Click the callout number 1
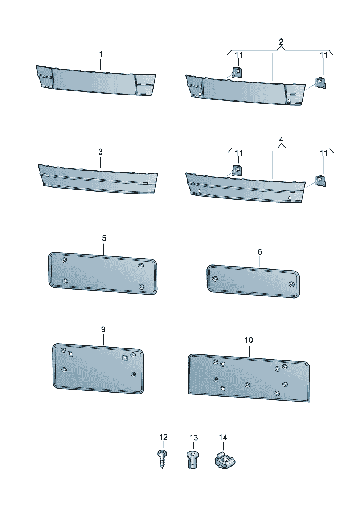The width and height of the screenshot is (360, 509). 101,54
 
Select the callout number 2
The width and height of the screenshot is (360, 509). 281,42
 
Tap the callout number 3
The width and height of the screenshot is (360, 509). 101,152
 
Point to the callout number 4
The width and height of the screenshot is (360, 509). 281,140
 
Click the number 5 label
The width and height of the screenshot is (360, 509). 104,238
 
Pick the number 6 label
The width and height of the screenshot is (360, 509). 260,251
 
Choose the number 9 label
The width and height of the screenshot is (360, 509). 103,329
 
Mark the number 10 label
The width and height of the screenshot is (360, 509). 249,340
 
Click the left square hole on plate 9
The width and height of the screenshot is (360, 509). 70,354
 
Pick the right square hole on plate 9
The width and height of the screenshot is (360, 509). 124,357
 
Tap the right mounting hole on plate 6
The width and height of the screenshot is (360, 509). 291,284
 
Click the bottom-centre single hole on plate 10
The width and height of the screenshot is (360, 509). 247,385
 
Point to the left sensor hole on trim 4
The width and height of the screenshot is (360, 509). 199,191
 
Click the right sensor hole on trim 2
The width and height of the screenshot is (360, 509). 289,100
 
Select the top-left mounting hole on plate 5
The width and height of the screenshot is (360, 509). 65,260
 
